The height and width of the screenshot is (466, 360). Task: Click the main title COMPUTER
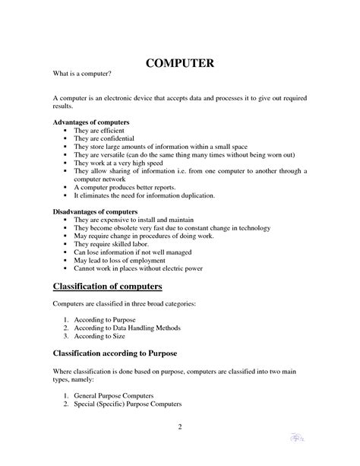click(x=179, y=64)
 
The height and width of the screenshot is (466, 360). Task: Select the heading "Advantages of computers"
click(x=90, y=122)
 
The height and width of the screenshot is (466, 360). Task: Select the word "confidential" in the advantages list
click(x=118, y=139)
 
